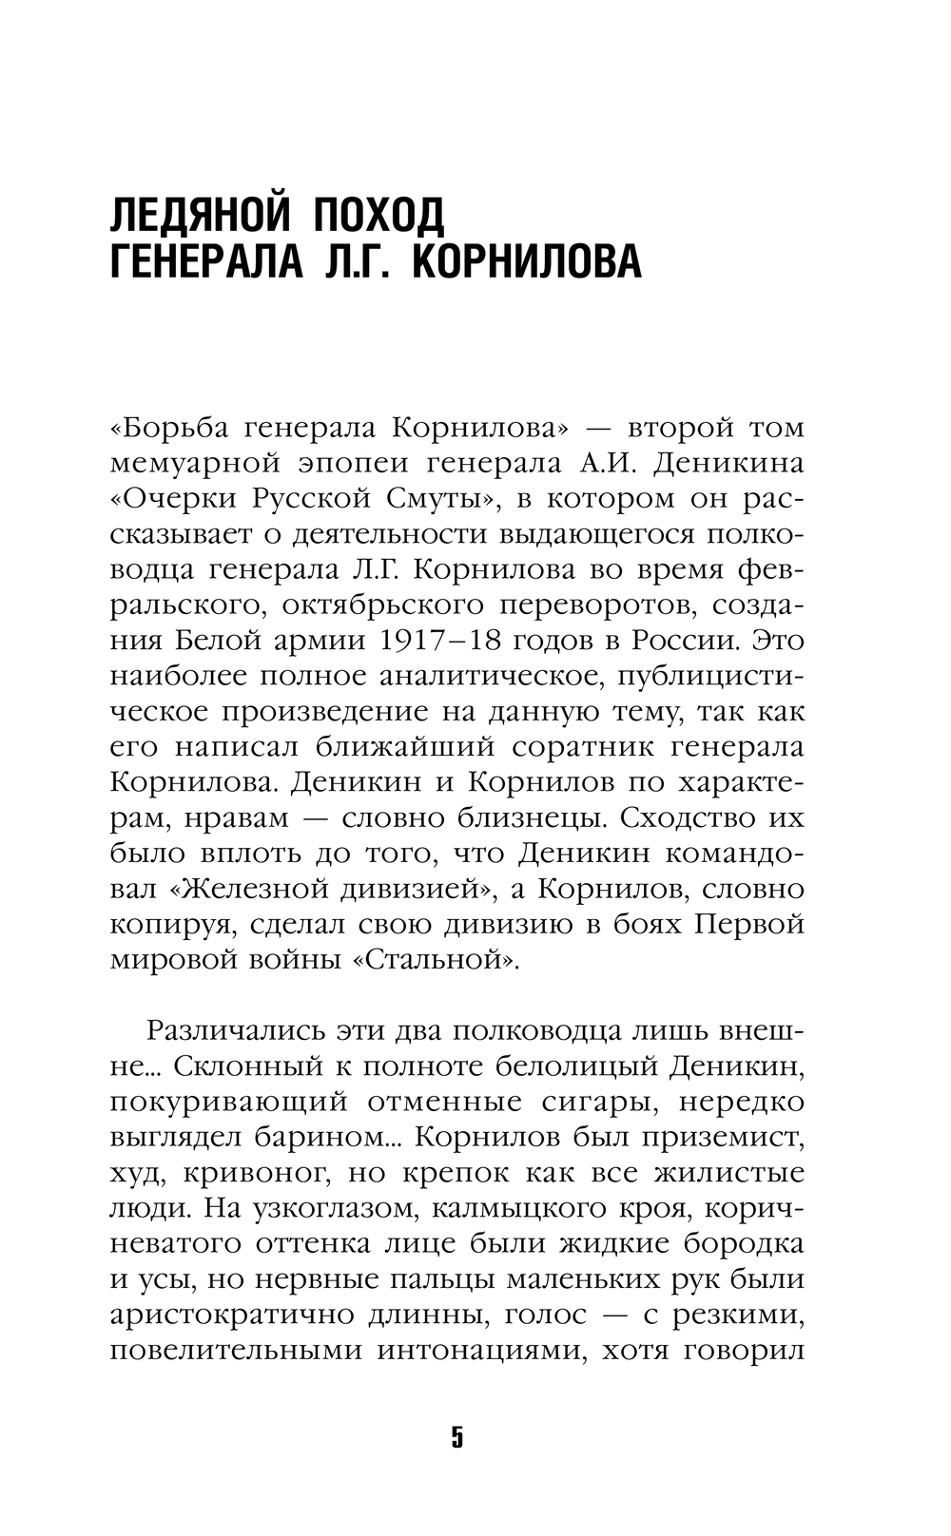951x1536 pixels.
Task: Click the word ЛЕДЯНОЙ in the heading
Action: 198,216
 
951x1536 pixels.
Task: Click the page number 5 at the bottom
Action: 457,1436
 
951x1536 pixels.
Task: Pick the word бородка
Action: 745,1243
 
